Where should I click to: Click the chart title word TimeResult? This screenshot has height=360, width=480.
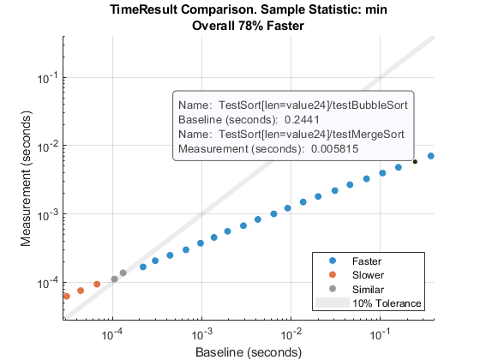(141, 11)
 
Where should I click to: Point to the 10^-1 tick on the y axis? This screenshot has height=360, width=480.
(48, 77)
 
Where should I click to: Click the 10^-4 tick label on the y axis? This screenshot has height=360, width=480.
(48, 282)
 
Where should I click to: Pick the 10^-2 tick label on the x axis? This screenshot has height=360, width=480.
(291, 333)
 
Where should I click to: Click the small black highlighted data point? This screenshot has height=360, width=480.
(415, 161)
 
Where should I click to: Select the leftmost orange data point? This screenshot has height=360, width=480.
(66, 296)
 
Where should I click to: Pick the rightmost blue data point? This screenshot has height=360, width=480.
(431, 156)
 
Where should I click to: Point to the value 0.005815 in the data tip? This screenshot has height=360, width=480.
(331, 150)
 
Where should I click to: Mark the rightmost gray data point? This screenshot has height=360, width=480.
(123, 273)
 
